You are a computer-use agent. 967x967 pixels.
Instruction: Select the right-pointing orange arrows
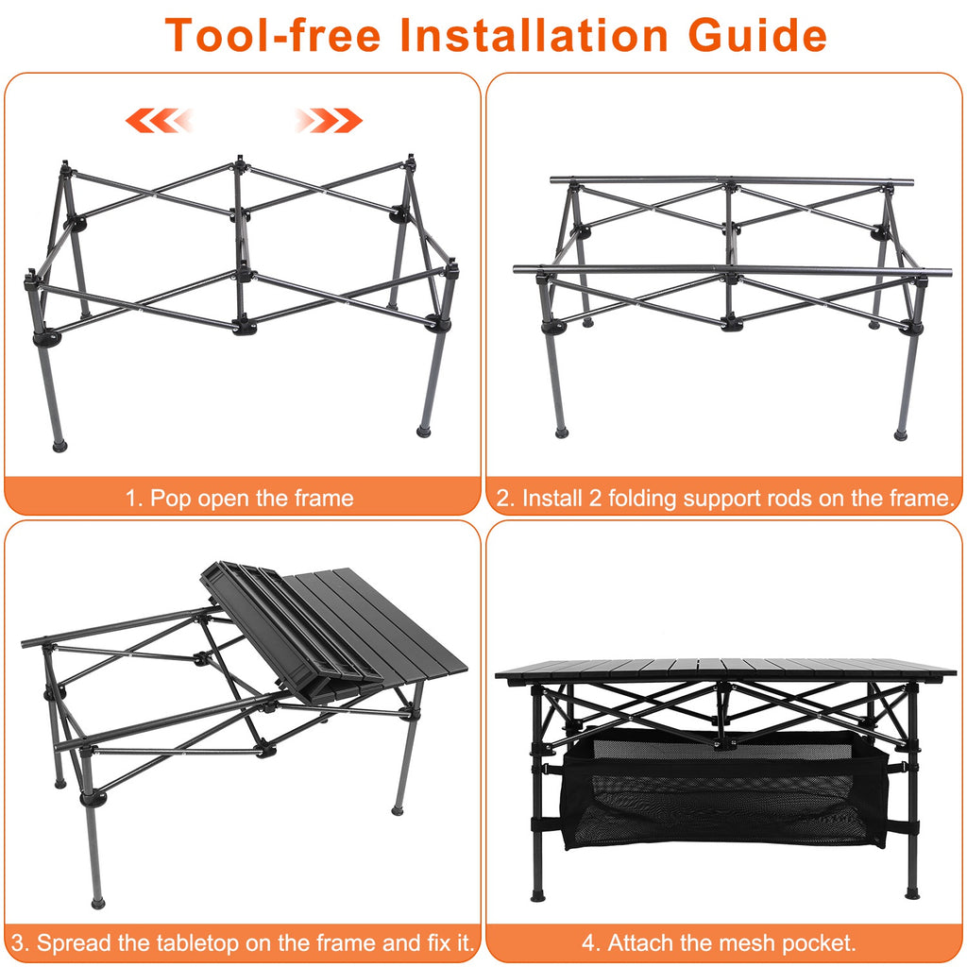point(328,120)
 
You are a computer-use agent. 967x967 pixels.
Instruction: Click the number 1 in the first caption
point(132,498)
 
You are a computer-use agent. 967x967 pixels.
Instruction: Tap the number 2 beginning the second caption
point(503,498)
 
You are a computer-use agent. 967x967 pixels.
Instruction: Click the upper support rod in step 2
point(732,179)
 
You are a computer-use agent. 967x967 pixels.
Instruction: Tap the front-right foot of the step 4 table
point(911,891)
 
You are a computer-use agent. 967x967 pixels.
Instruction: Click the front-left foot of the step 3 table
point(97,902)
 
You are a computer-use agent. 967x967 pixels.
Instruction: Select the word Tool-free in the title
point(274,35)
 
